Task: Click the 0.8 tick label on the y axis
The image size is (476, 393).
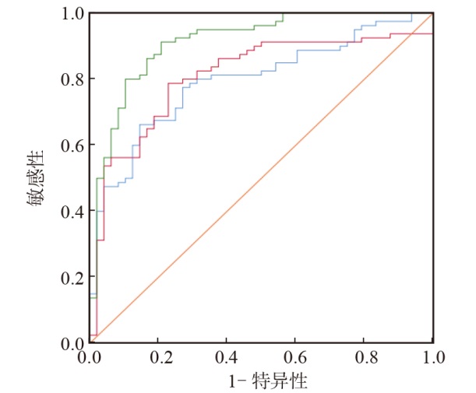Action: coord(71,79)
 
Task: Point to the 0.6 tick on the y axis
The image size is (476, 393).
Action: coord(71,145)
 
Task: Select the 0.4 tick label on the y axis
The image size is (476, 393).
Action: coord(71,211)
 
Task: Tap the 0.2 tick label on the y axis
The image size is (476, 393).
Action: coord(71,277)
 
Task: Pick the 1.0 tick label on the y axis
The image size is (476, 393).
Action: coord(71,13)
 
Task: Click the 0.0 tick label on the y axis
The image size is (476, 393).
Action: coord(71,343)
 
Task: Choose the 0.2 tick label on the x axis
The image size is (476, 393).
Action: coord(158,359)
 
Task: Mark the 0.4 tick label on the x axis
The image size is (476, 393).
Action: coord(227,359)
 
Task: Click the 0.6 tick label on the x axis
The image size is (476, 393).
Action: coord(295,359)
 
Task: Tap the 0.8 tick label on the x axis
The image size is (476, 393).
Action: coord(365,359)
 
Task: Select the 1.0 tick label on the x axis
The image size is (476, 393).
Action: coord(433,359)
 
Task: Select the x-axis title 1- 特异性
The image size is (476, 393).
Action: coord(263,381)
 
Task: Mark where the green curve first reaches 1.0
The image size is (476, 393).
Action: coord(284,13)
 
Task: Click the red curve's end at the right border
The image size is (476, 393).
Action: coord(432,33)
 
